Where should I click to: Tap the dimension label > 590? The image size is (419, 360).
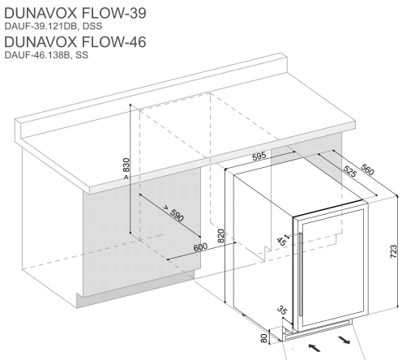point(173,214)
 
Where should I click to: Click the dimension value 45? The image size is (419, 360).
point(281,242)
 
